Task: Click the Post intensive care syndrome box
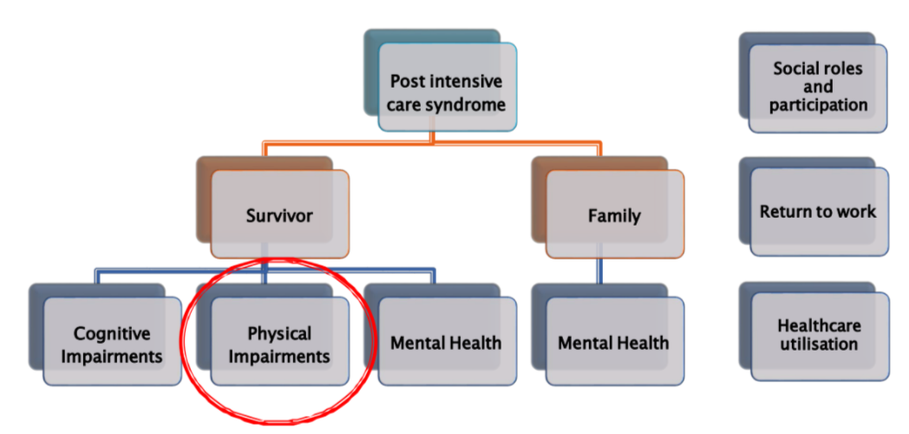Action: point(447,93)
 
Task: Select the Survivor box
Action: point(279,214)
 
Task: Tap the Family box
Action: point(614,214)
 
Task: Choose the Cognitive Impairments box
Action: point(112,344)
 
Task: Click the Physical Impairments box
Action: point(279,344)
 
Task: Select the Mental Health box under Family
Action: point(613,343)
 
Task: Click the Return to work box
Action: point(818,212)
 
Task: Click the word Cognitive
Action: point(112,333)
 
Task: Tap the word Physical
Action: point(279,333)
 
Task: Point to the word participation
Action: point(819,105)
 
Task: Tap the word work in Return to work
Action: point(856,212)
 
